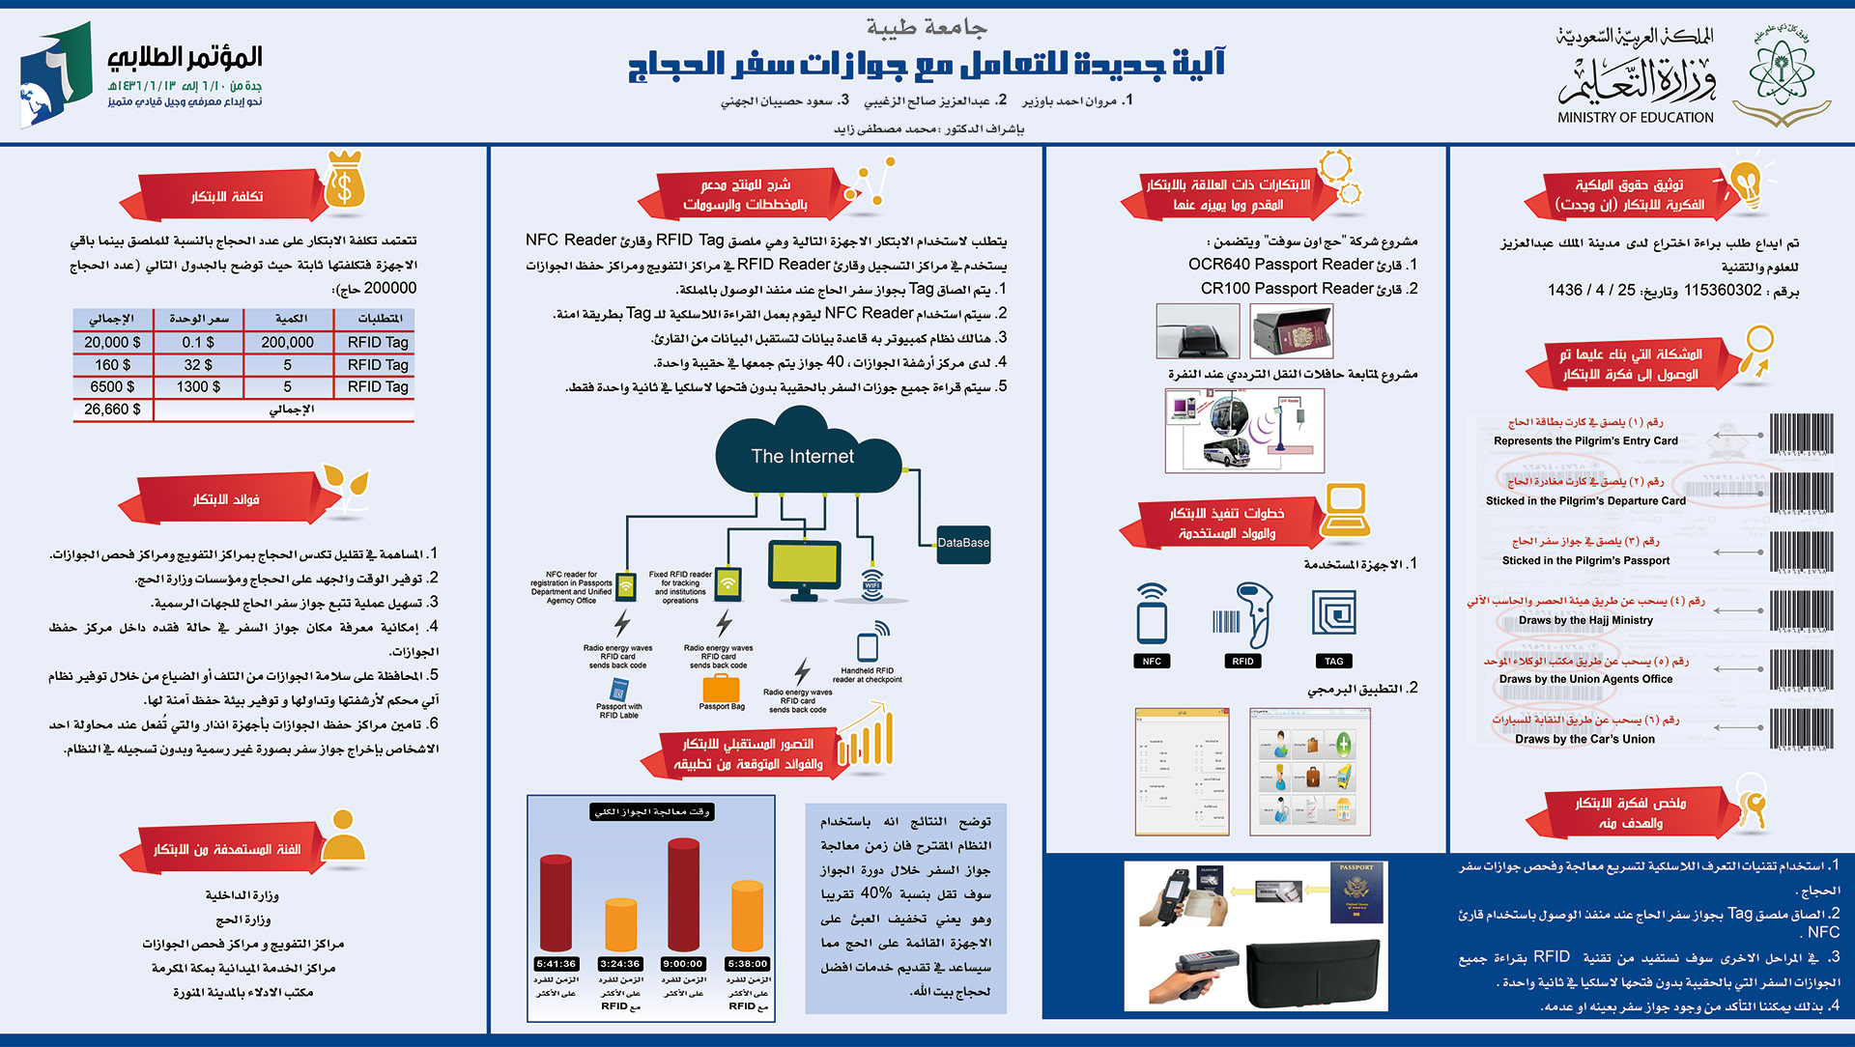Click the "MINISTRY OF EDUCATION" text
(1635, 118)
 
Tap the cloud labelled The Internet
(802, 456)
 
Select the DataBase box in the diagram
(963, 543)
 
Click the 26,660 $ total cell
(112, 410)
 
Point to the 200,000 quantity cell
(287, 342)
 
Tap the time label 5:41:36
(556, 964)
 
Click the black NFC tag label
(1152, 662)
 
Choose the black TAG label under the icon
(1333, 662)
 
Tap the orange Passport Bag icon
(721, 688)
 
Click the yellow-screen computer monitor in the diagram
(804, 568)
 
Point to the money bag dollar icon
(345, 181)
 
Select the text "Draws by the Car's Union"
(1584, 740)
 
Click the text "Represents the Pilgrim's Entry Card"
(1585, 441)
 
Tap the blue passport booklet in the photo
(1356, 893)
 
